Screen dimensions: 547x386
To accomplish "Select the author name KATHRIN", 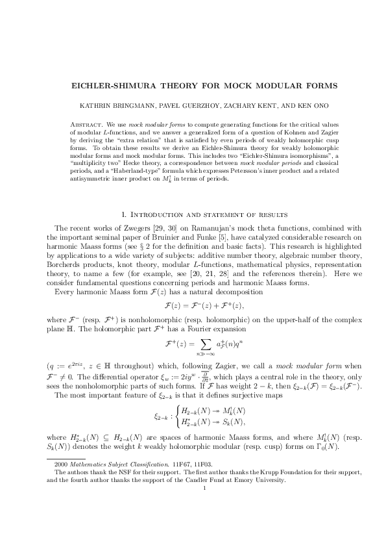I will (x=109, y=105).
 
